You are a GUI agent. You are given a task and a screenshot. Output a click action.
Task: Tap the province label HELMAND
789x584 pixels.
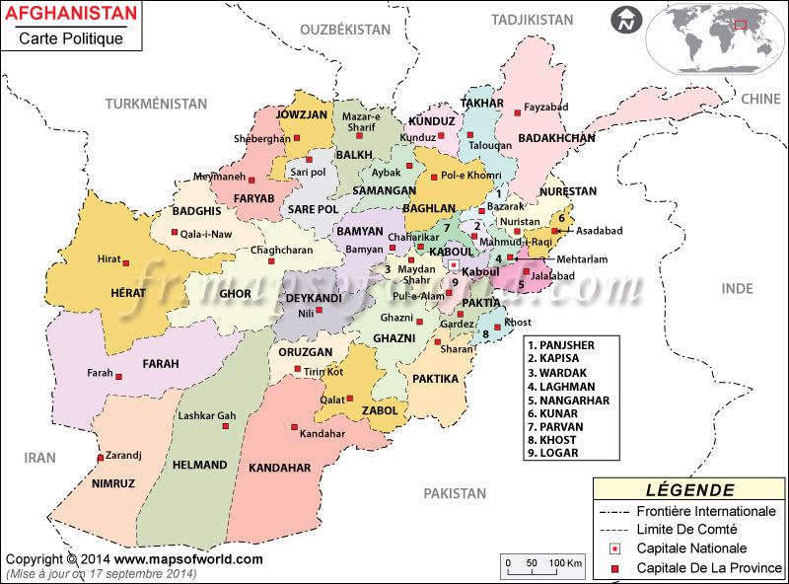pyautogui.click(x=199, y=464)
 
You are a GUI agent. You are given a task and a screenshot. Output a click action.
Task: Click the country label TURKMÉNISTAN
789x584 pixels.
pyautogui.click(x=157, y=104)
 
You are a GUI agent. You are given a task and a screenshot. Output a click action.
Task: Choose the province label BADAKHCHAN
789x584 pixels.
pyautogui.click(x=557, y=138)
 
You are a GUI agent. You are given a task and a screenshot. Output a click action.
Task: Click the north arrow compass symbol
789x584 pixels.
pyautogui.click(x=624, y=19)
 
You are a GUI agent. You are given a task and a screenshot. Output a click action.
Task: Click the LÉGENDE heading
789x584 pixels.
pyautogui.click(x=689, y=489)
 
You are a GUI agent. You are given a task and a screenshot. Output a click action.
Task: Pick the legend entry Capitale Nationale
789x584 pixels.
pyautogui.click(x=691, y=548)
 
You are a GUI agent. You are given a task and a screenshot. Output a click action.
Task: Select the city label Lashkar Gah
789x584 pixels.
pyautogui.click(x=207, y=415)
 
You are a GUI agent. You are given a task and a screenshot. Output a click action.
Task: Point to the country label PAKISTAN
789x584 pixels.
pyautogui.click(x=455, y=493)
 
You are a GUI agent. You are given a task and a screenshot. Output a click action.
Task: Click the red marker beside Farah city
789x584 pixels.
pyautogui.click(x=118, y=376)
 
